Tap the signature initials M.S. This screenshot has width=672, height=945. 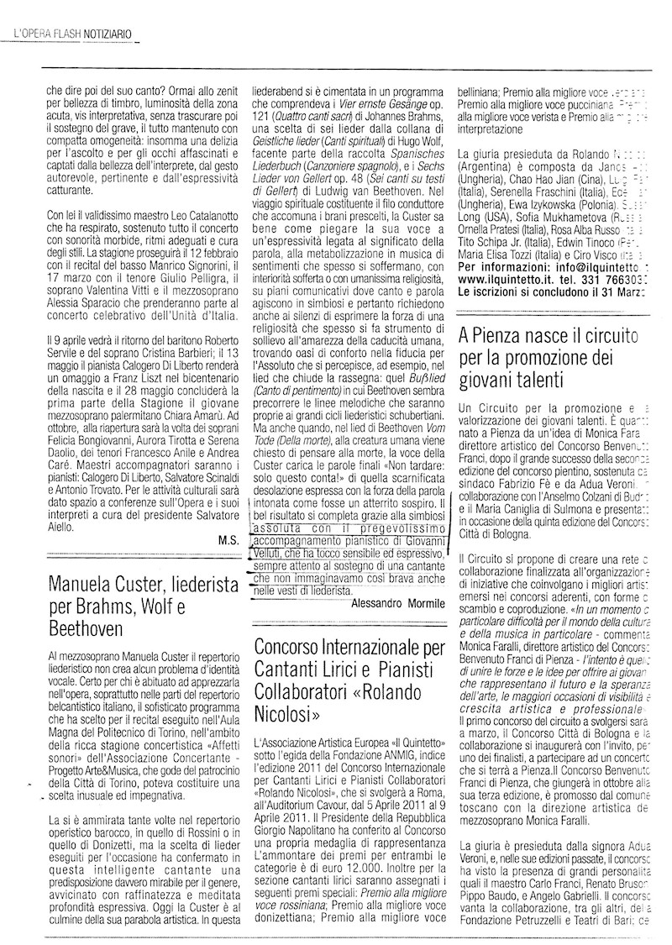[x=227, y=540]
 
